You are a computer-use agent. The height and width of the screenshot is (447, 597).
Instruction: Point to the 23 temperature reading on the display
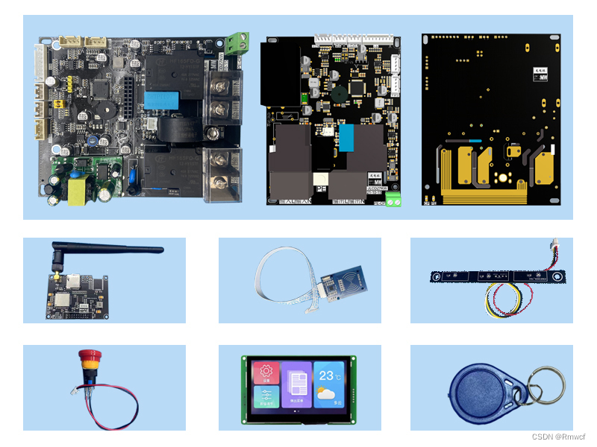(327, 375)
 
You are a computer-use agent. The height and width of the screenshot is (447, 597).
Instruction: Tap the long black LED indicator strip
(497, 276)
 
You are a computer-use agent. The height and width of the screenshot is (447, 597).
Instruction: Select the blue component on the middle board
(347, 136)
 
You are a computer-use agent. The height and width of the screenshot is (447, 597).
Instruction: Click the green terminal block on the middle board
(393, 200)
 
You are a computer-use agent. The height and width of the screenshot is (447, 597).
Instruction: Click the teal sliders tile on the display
(266, 396)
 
